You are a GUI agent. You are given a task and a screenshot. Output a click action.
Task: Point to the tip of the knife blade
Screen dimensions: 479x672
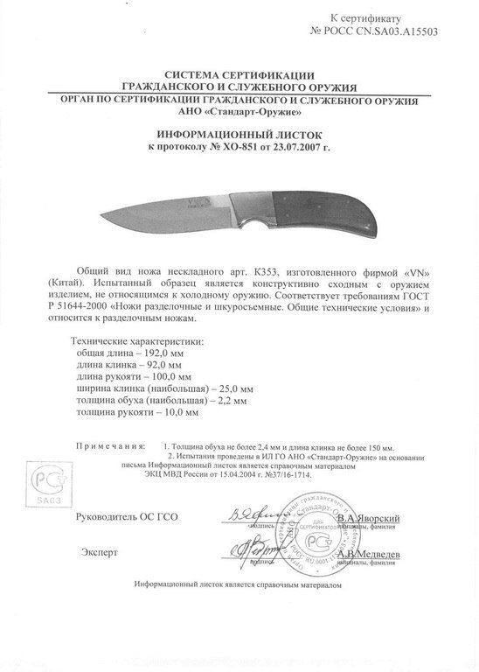tap(104, 215)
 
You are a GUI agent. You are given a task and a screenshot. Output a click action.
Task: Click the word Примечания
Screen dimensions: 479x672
tap(109, 445)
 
